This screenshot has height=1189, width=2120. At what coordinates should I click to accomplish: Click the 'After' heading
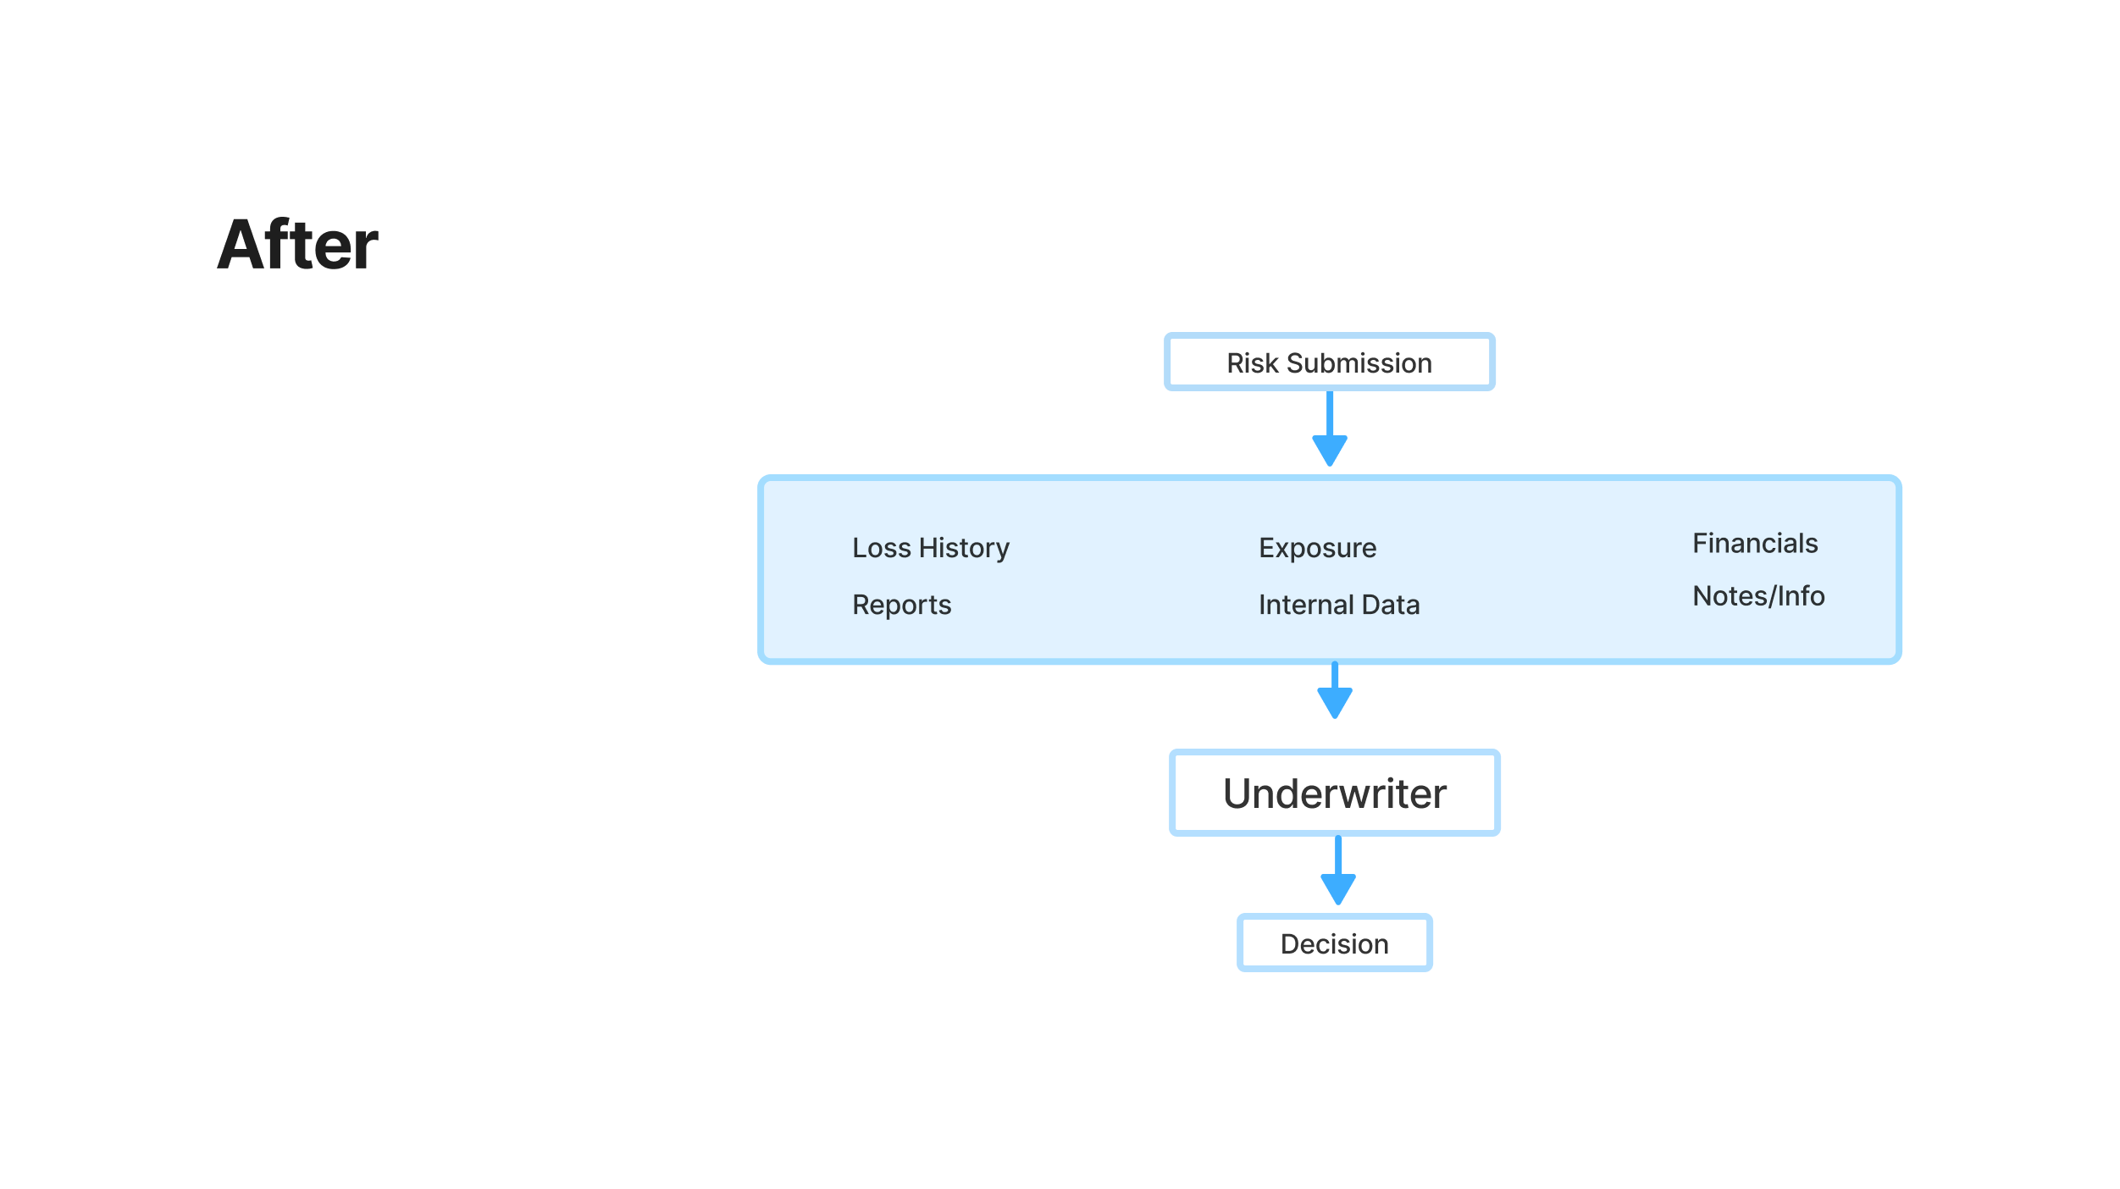pos(297,245)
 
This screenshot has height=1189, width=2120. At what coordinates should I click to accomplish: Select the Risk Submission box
pos(1329,362)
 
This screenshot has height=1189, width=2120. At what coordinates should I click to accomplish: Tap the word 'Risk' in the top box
pos(1252,363)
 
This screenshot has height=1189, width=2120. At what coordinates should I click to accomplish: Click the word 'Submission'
pos(1359,363)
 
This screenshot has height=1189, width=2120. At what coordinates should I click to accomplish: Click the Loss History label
pos(930,548)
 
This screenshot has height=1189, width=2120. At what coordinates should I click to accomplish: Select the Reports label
pos(901,605)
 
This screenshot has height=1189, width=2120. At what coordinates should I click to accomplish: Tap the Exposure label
pos(1317,548)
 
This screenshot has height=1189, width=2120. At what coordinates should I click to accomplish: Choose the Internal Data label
pos(1338,605)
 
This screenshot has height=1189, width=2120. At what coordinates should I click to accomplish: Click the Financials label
pos(1754,543)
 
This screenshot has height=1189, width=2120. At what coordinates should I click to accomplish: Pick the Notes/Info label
pos(1757,596)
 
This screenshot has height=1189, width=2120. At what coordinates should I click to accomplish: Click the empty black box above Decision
pos(1334,793)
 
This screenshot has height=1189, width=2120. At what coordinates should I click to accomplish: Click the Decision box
pos(1334,943)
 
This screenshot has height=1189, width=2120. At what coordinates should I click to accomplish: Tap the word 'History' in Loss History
pos(964,548)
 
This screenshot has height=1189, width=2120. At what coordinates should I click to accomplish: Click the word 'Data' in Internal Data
pos(1390,605)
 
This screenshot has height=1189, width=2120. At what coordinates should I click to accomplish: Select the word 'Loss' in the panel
pos(881,548)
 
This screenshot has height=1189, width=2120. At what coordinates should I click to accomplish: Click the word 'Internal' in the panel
pos(1305,605)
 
